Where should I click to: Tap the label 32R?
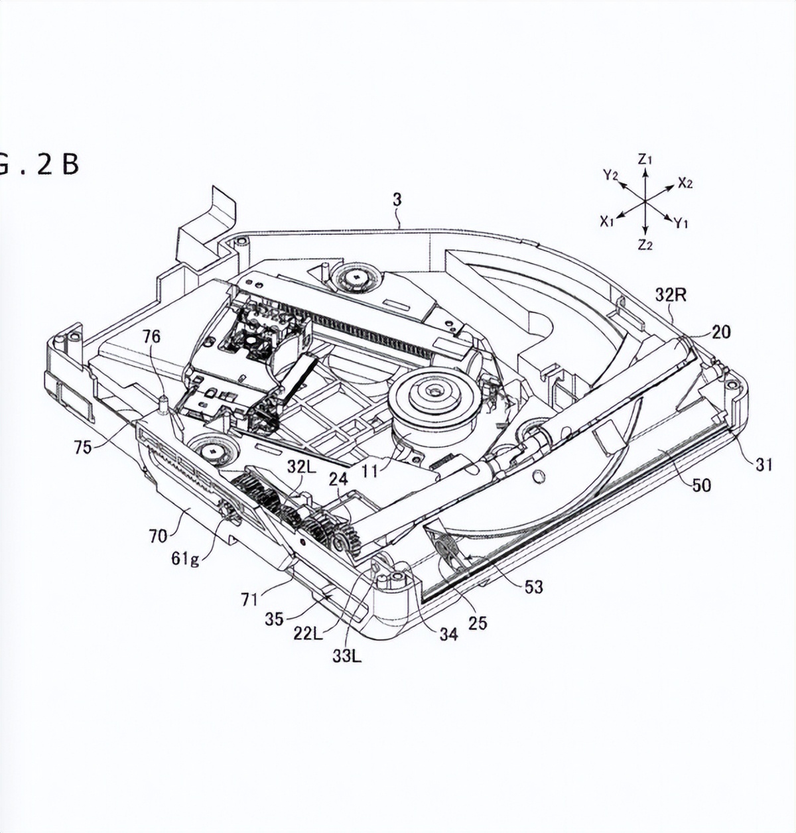(671, 294)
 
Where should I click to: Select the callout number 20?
(720, 331)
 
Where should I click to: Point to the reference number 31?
(764, 464)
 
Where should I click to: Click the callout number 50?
(701, 485)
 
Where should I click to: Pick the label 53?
(533, 586)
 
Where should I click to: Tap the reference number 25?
(478, 622)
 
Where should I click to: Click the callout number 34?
(448, 634)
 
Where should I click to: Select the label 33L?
(348, 657)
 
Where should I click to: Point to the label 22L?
(308, 633)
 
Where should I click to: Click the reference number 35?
(274, 619)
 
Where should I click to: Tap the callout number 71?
(249, 600)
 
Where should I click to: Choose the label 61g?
(185, 558)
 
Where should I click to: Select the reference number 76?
(151, 336)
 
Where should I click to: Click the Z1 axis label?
(645, 159)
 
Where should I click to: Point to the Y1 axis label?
(681, 224)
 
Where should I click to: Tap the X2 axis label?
(685, 184)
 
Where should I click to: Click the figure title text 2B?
(58, 164)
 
